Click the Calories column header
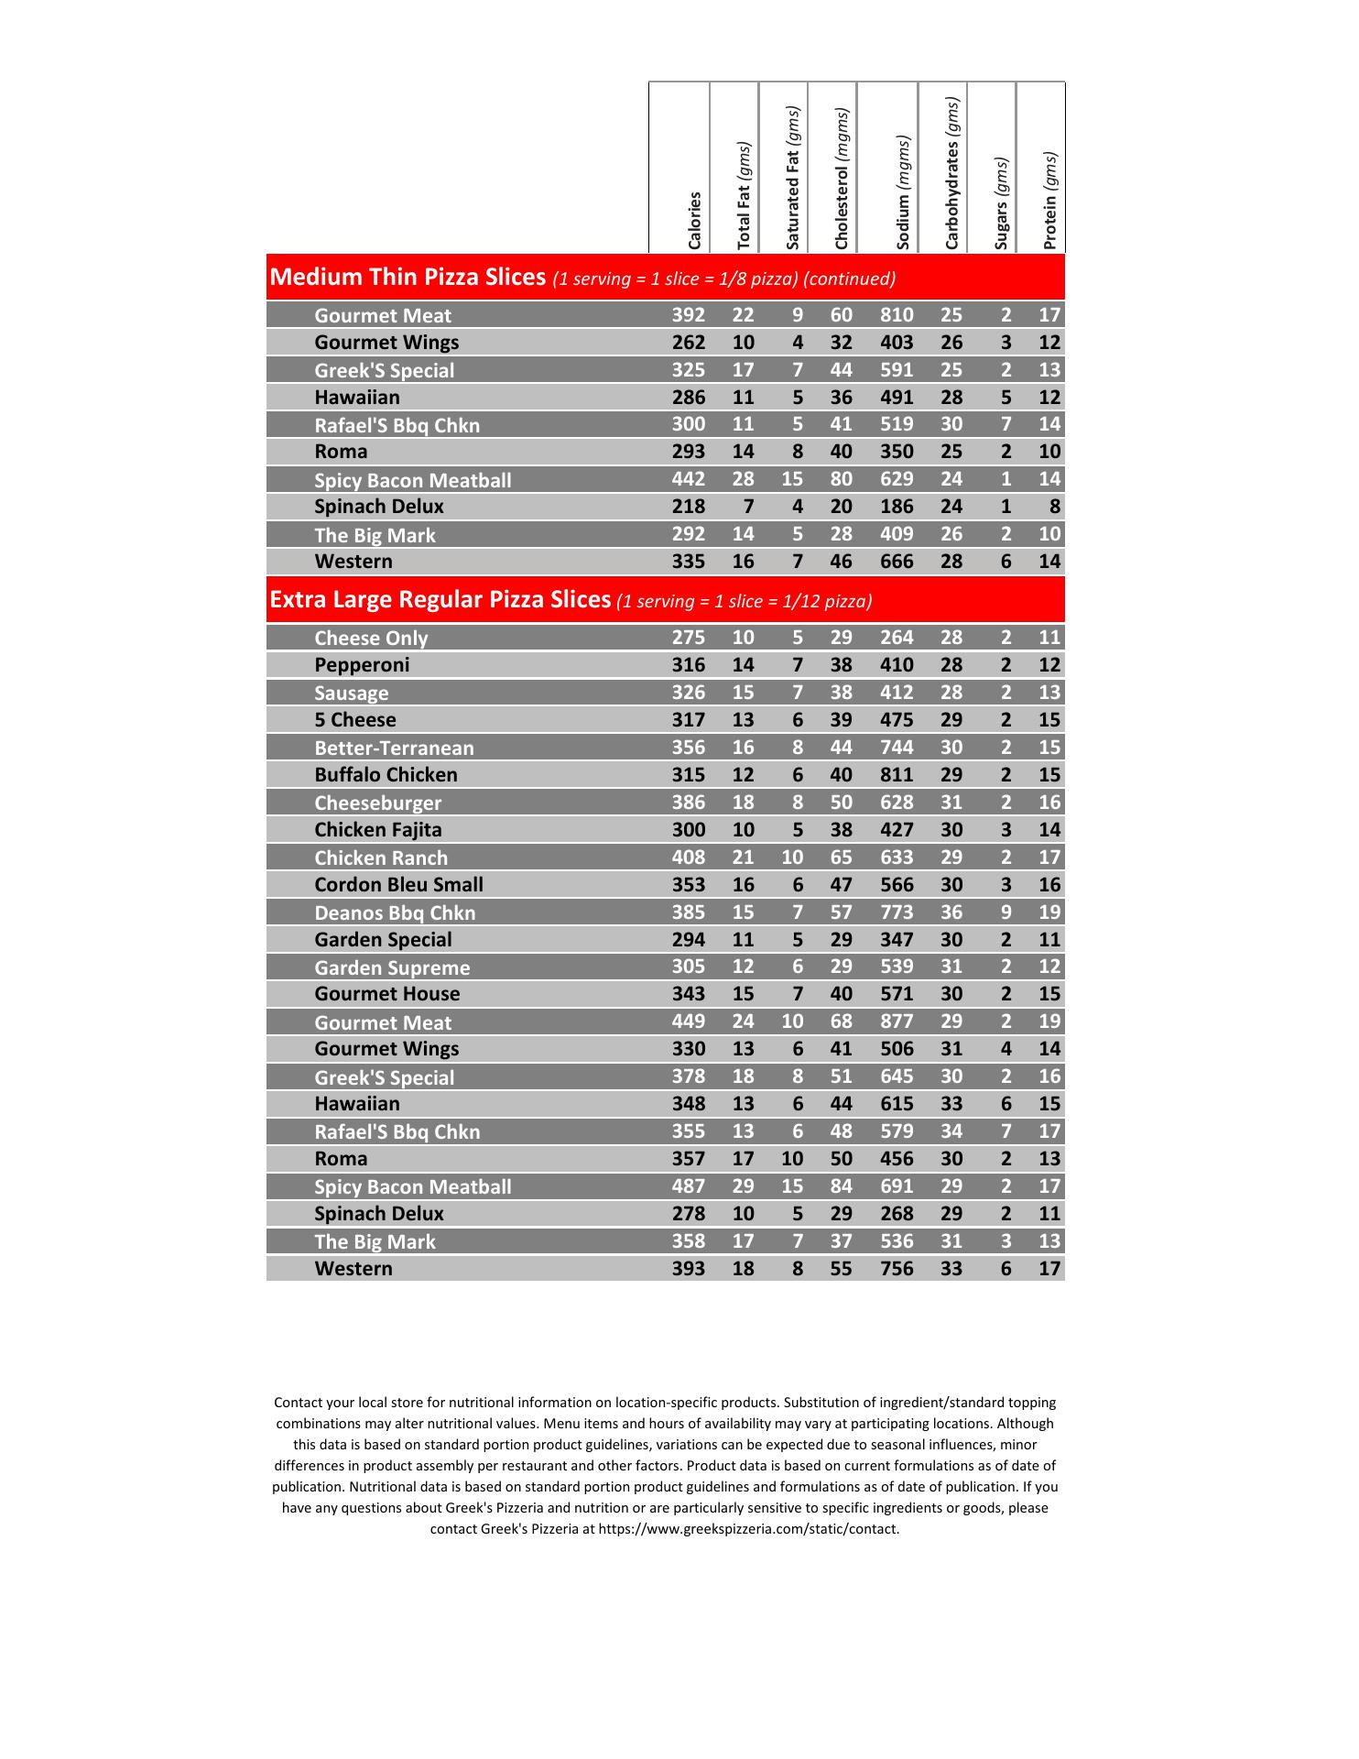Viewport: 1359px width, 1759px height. [694, 220]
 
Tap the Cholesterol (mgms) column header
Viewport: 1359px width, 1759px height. [842, 179]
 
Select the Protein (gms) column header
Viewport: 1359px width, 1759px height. [1049, 200]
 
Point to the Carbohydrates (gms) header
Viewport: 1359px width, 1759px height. [951, 173]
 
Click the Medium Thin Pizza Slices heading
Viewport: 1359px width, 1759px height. [408, 278]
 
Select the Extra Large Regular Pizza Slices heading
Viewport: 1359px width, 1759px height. [440, 600]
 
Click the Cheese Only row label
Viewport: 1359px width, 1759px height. [371, 639]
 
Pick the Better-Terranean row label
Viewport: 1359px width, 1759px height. [394, 748]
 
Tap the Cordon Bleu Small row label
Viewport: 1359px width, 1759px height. [398, 885]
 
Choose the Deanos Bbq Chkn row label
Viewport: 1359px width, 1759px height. [395, 913]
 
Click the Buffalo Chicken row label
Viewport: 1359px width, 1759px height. [386, 775]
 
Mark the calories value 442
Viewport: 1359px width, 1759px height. [689, 479]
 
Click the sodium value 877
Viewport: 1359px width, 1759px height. [897, 1022]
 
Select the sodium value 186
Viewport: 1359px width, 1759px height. [897, 507]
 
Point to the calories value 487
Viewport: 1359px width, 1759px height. [689, 1186]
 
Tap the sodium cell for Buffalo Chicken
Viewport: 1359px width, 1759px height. [897, 775]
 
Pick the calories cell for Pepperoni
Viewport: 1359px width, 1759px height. [689, 665]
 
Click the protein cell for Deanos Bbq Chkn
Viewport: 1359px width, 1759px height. [1049, 912]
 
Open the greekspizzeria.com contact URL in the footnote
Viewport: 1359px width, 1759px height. [748, 1529]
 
